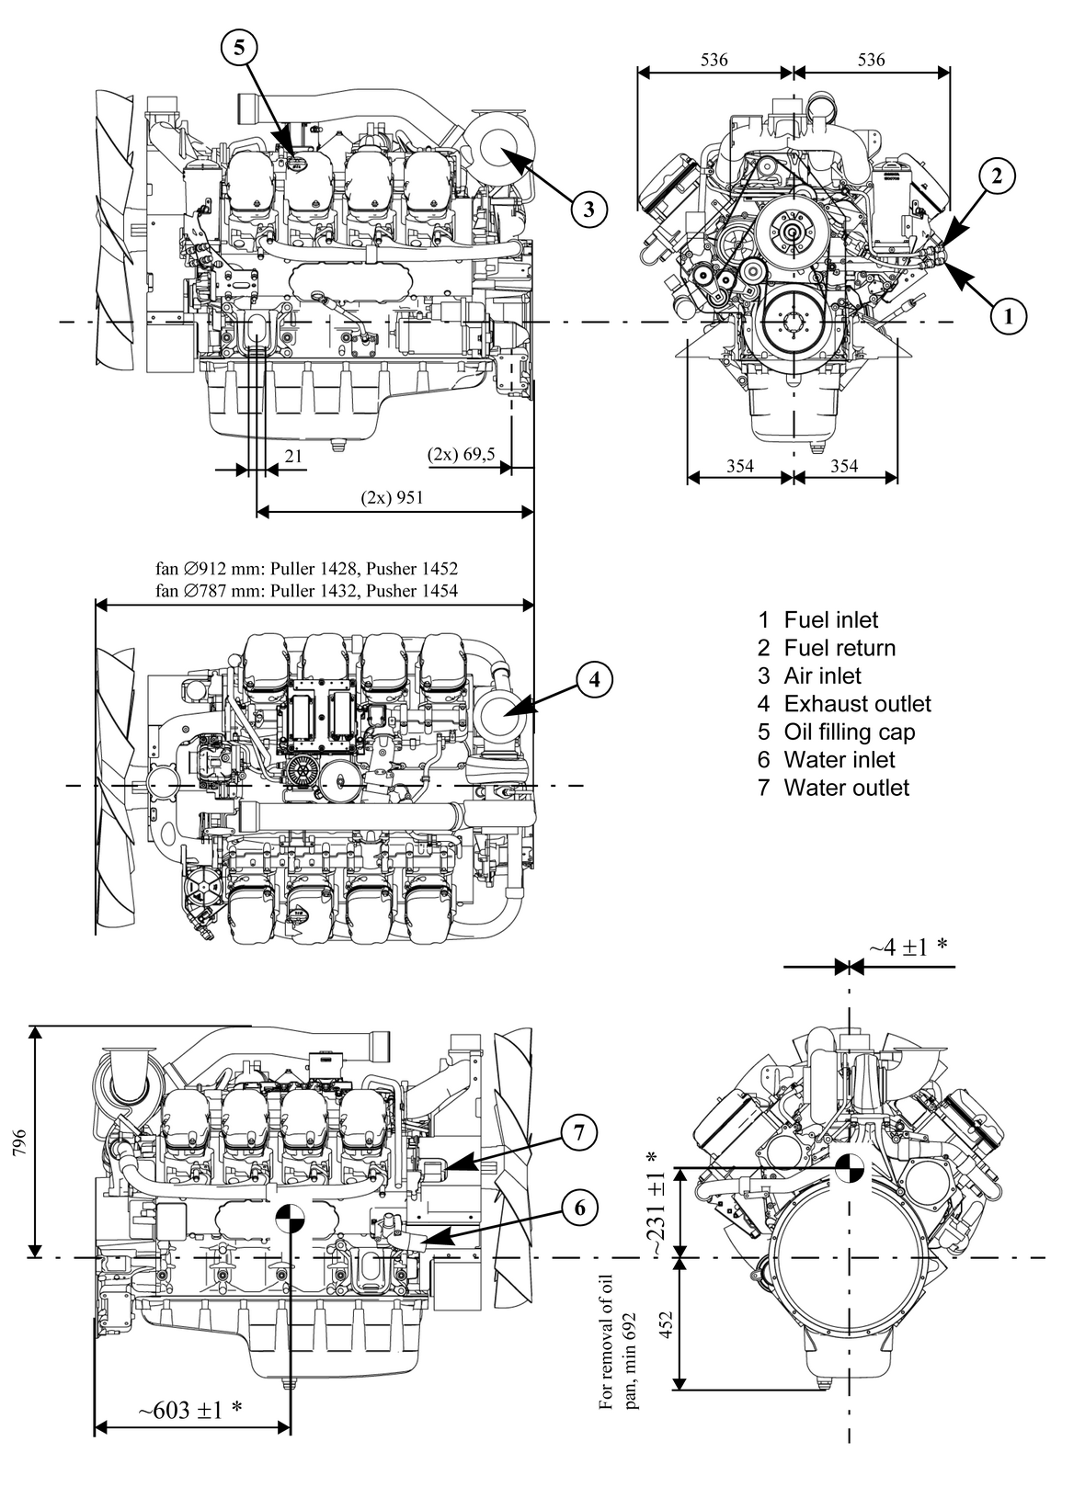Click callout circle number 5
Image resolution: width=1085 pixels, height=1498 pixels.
239,48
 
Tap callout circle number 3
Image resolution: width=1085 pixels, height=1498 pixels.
588,209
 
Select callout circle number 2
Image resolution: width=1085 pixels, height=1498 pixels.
998,176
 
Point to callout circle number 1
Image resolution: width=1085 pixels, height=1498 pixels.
1009,317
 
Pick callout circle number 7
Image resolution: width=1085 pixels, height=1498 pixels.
578,1133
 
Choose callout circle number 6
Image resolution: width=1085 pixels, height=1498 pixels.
578,1208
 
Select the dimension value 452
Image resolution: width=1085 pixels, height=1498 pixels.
668,1324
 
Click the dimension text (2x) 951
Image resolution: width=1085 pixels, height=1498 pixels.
393,497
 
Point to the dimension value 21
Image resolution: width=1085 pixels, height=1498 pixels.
292,455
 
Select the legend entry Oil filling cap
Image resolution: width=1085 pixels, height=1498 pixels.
849,732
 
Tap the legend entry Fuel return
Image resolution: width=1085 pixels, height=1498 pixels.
839,648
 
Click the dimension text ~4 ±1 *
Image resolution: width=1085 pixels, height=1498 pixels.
908,948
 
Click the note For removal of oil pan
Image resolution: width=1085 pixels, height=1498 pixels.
618,1341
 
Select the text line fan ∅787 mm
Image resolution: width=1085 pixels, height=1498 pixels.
307,591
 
